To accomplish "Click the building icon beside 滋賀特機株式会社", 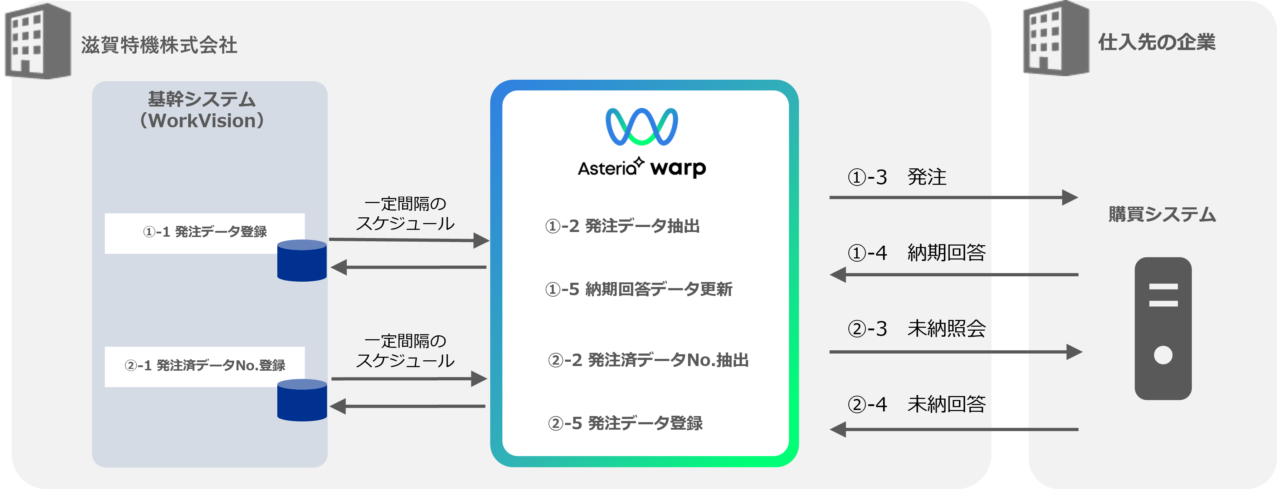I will (38, 41).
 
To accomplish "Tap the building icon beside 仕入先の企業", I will (1056, 39).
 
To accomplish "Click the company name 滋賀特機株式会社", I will (159, 45).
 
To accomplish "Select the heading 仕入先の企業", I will (1156, 42).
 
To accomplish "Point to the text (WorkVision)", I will (202, 121).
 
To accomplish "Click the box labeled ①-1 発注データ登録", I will (204, 232).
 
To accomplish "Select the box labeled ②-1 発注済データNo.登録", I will (204, 366).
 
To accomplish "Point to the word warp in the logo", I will (678, 168).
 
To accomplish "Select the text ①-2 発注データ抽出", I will (622, 226).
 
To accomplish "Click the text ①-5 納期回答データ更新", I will (638, 289).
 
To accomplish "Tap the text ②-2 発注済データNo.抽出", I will (648, 360).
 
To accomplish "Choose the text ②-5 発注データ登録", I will (625, 423).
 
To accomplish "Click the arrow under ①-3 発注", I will (952, 197).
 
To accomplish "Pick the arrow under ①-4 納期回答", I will (952, 275).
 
